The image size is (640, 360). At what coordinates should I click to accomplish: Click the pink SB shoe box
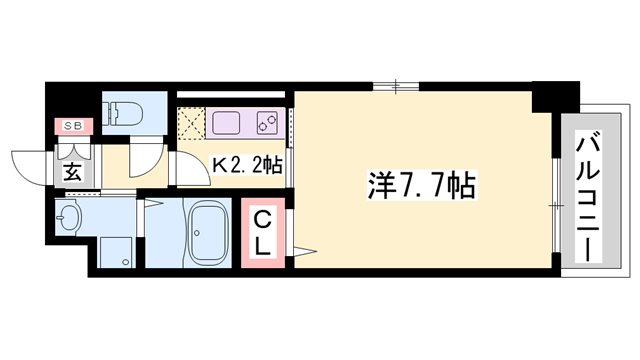click(x=73, y=126)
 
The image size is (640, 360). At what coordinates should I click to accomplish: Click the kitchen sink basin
click(x=226, y=125)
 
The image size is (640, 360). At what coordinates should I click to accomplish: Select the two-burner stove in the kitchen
click(x=267, y=125)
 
